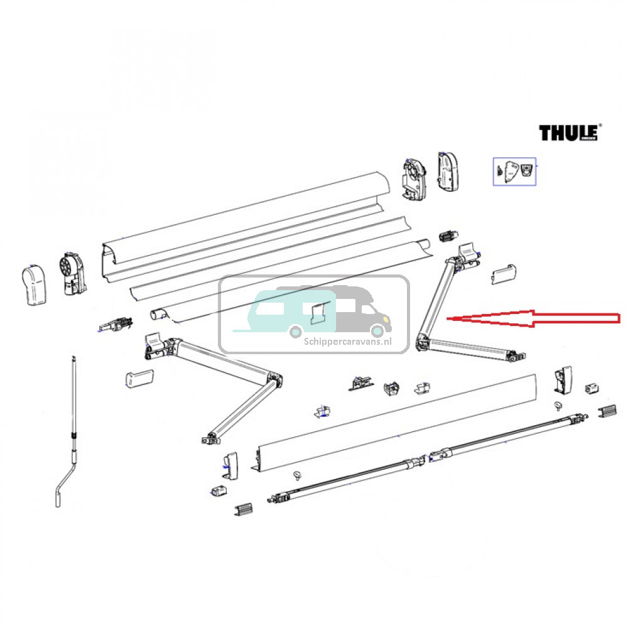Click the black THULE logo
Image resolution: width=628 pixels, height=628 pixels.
coord(569,133)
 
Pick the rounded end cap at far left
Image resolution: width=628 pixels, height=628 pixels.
coord(35,287)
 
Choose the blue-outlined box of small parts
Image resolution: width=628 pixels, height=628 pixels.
coord(514,171)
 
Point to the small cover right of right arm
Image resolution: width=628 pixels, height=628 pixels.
coord(504,273)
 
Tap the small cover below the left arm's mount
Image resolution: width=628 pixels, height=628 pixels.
coord(139,377)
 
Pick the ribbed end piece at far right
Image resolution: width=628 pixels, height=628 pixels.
coord(607,413)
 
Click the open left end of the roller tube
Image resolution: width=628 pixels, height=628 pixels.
coord(156,314)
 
